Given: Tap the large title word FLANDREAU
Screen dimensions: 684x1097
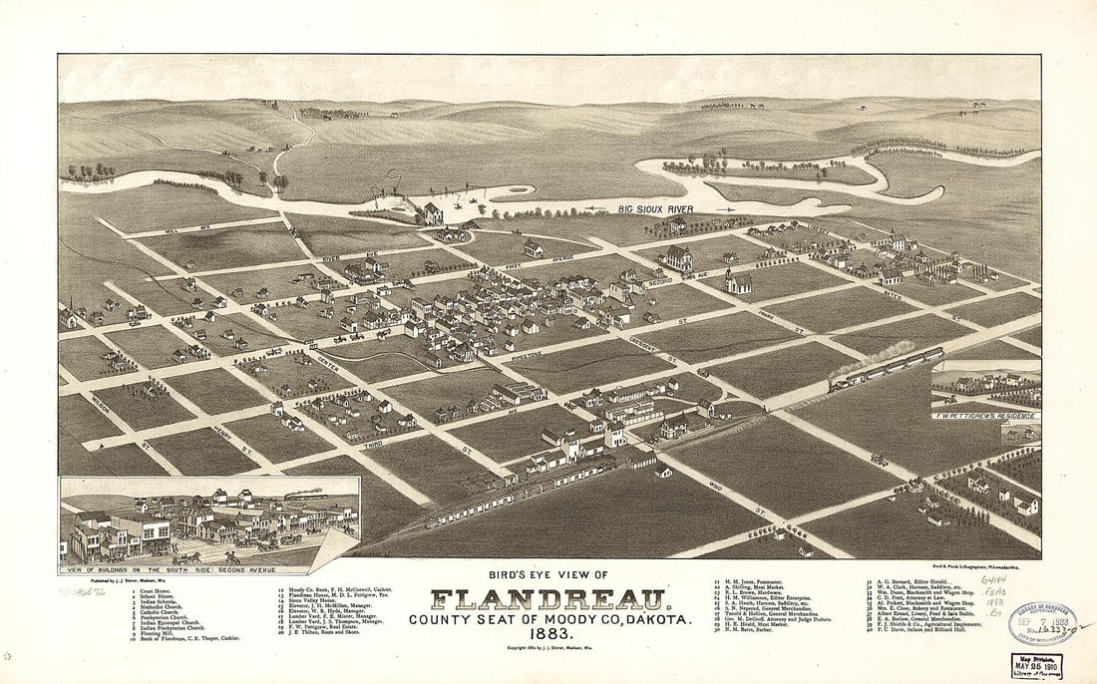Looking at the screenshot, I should [x=548, y=600].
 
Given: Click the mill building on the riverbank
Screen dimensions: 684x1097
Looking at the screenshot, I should [x=433, y=212].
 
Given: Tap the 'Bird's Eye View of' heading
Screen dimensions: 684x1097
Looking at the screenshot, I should [x=548, y=574].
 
